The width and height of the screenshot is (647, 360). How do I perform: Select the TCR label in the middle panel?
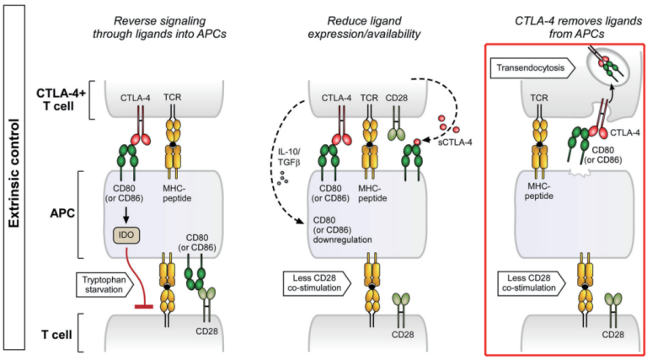(367, 99)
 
